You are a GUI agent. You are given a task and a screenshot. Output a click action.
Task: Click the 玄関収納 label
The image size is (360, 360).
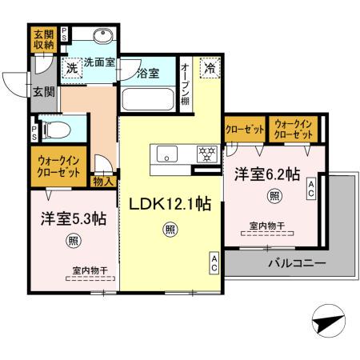point(43,39)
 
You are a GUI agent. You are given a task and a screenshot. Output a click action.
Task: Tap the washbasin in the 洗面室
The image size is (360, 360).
point(102,38)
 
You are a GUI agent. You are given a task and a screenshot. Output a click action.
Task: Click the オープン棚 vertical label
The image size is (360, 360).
point(185,84)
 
